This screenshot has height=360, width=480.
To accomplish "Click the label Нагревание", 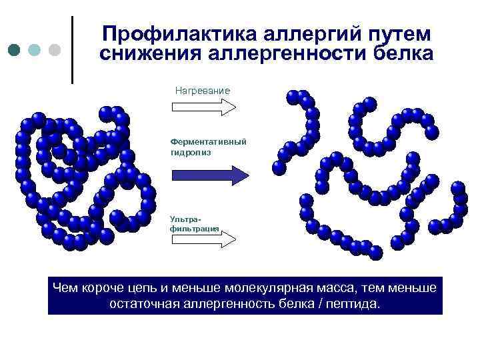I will coord(202,90).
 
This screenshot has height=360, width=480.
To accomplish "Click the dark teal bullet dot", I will coord(15,50).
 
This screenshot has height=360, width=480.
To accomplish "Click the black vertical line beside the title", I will coord(72,50).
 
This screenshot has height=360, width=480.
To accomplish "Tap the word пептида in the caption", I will coord(351,304).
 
